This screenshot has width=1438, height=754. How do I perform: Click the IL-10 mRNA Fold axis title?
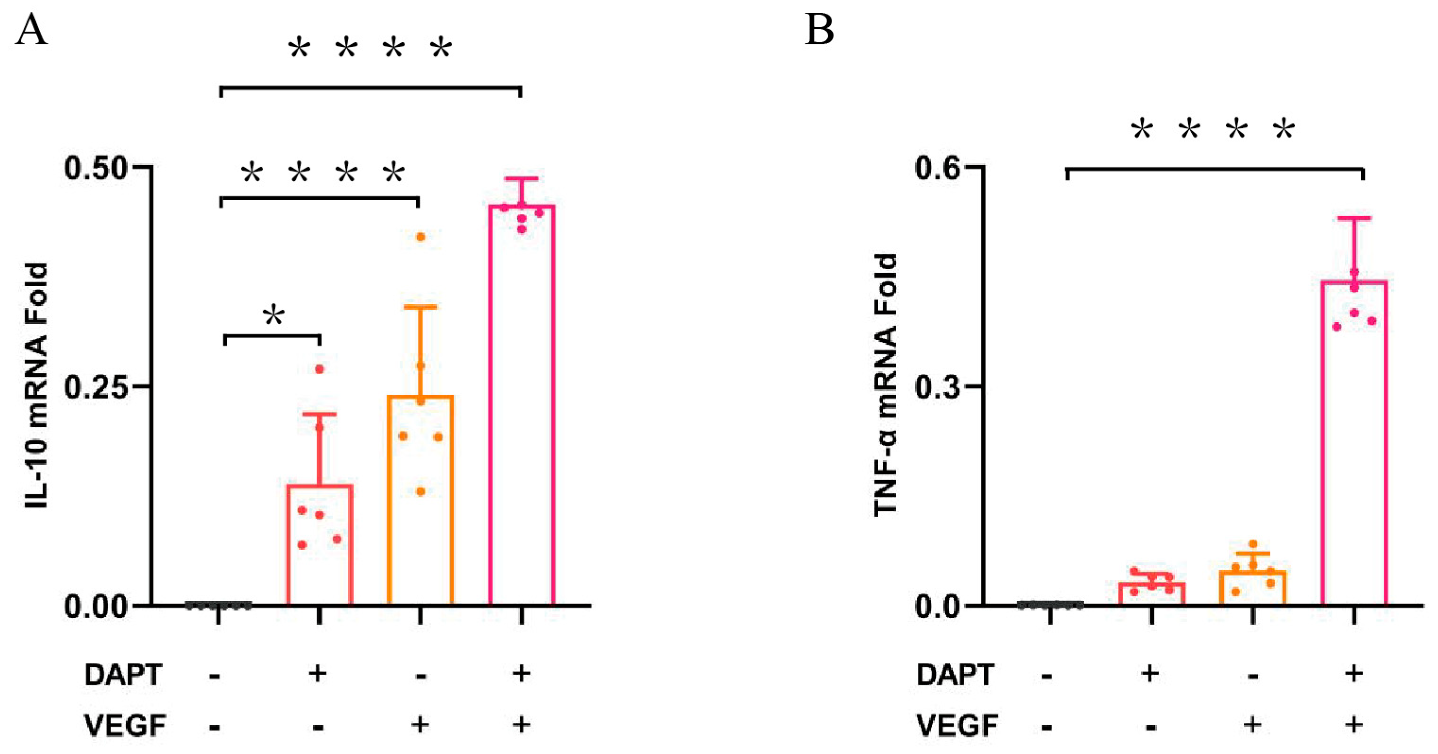(x=37, y=385)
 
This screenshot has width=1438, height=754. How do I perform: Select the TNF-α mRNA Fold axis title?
(x=885, y=385)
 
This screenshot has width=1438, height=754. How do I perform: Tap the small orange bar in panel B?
(x=1253, y=587)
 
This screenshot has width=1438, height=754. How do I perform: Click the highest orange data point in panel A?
(x=421, y=237)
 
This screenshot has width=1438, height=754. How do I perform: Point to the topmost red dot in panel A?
(x=320, y=369)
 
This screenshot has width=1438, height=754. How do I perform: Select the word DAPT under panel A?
(x=123, y=675)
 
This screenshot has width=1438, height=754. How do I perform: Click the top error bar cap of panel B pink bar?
(x=1354, y=218)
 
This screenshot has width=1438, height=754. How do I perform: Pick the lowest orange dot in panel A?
(x=421, y=491)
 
